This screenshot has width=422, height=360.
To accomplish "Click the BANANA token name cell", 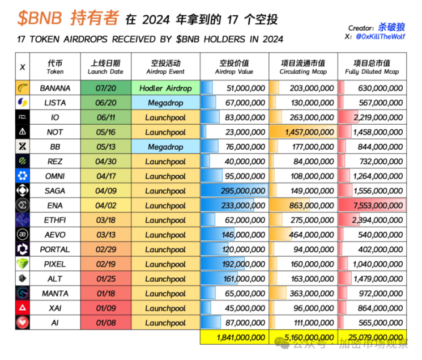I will coord(55,88).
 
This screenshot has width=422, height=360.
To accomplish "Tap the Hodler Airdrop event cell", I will coord(165,88).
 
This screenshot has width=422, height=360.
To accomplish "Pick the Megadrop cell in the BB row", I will coord(165,147).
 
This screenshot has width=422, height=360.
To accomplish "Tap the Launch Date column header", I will coord(105,66).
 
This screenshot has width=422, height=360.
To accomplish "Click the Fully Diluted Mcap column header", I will coord(372,66).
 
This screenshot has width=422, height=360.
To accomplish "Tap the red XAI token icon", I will coord(23,308).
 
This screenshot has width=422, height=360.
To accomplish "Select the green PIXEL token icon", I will coord(23,264).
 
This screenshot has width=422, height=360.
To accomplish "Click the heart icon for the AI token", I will coord(23,323).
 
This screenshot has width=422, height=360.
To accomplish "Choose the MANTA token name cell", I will coord(55,293).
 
